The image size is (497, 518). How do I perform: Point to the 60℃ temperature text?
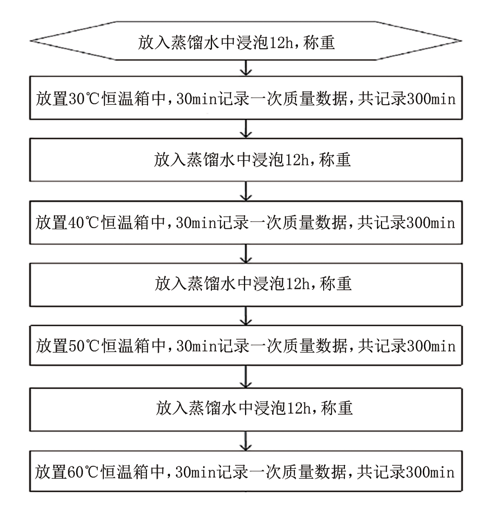[x=83, y=472]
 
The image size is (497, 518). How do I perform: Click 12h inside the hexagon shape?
[x=282, y=43]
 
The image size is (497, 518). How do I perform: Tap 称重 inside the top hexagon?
[x=319, y=43]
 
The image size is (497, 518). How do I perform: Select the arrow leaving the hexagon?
[x=246, y=68]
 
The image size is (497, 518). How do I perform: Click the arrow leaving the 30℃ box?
[x=246, y=129]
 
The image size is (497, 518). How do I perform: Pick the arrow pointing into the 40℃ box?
[x=246, y=191]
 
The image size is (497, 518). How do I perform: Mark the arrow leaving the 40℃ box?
[x=246, y=254]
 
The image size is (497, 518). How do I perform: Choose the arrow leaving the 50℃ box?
[x=246, y=377]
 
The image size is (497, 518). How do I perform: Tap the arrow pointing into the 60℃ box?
[x=246, y=441]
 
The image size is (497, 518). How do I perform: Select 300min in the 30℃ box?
[x=431, y=99]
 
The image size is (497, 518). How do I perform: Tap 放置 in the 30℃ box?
[x=52, y=99]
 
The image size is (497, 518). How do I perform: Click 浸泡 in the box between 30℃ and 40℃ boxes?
[x=268, y=160]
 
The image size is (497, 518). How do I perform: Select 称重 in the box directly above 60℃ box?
[x=337, y=408]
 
